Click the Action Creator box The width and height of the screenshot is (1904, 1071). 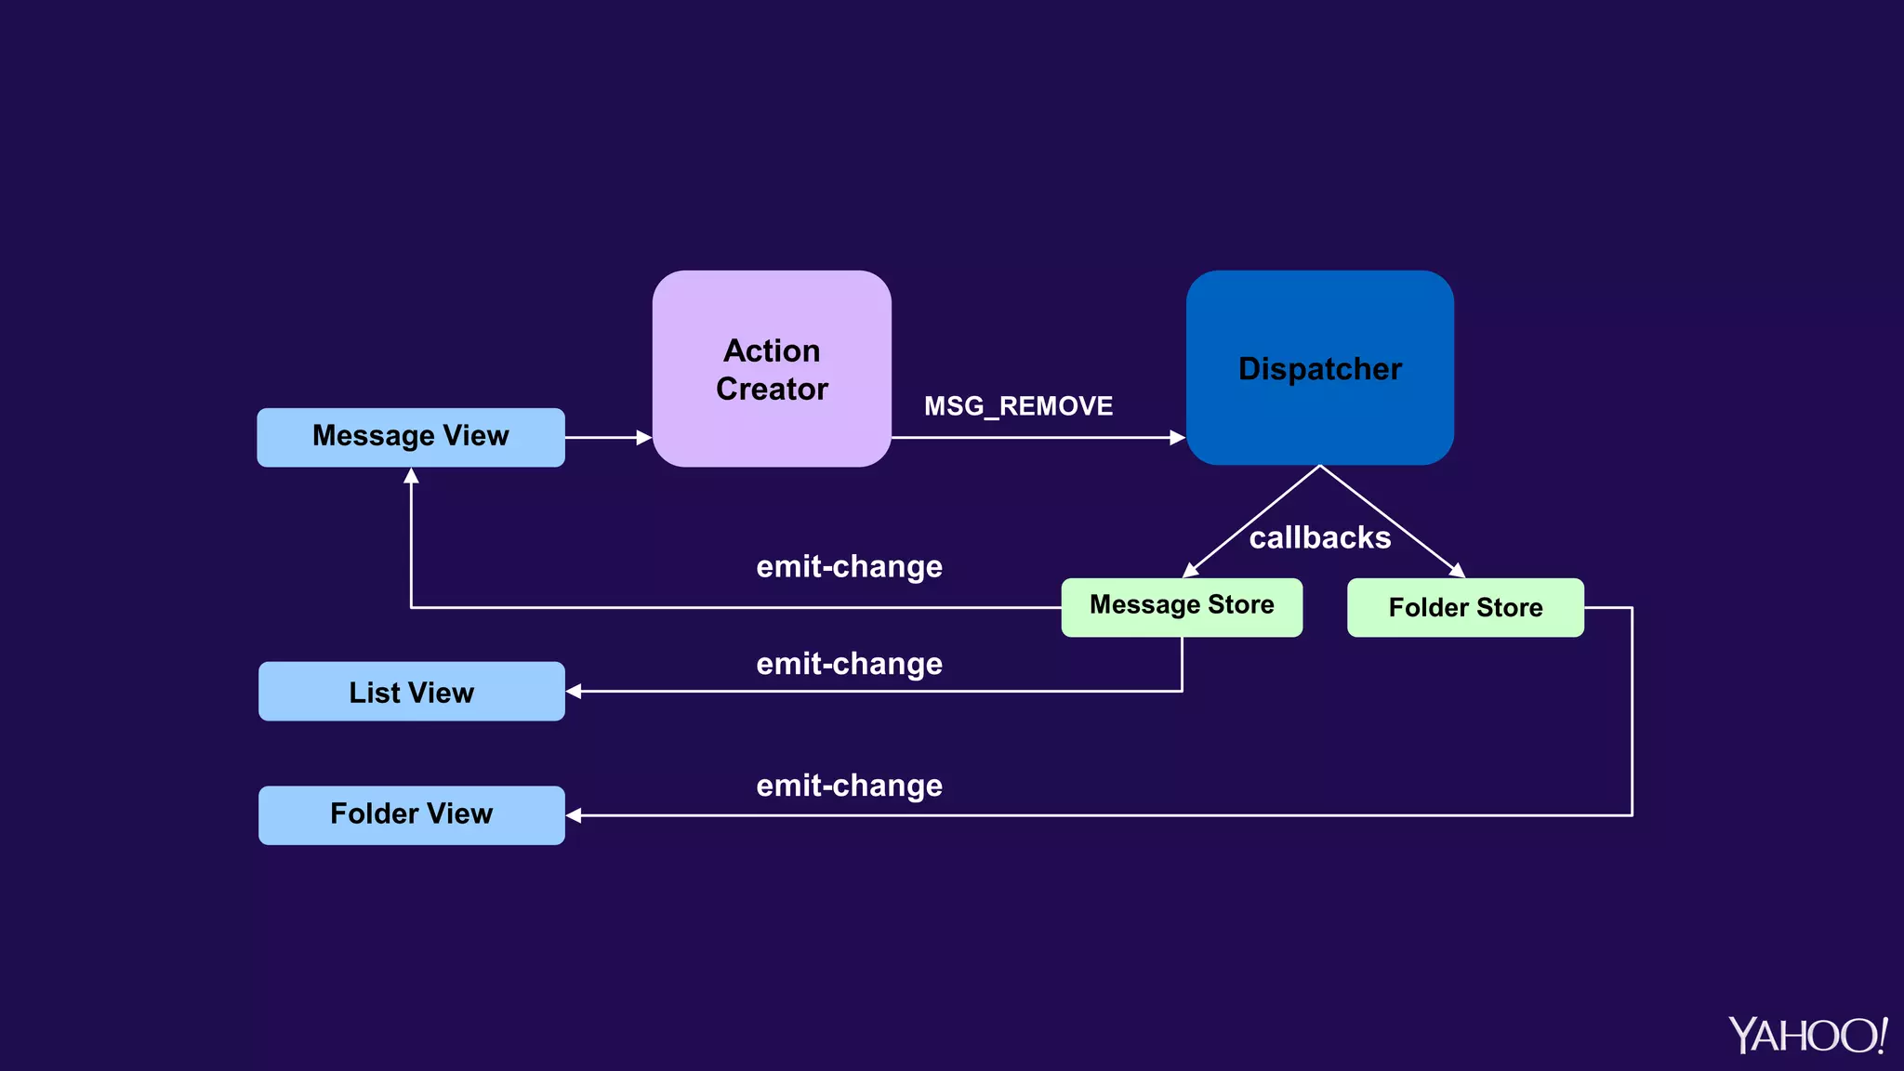pos(772,369)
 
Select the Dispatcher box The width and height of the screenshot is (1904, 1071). pos(1319,368)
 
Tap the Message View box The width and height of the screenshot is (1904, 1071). pos(410,437)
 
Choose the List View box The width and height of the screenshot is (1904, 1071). pos(411,692)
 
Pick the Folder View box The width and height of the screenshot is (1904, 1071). pos(411,814)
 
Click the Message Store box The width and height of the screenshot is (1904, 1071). pos(1181,606)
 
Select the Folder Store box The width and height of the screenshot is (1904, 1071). pos(1464,607)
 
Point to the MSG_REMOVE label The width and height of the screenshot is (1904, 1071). pos(1018,406)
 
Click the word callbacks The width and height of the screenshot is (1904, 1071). pos(1319,537)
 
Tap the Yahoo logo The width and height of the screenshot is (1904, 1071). pos(1806,1035)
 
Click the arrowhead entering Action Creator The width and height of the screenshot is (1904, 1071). pos(643,437)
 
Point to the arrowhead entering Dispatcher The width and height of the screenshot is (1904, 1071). pos(1177,437)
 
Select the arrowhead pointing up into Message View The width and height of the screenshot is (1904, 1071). pos(411,477)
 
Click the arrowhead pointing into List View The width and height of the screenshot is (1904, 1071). pos(575,691)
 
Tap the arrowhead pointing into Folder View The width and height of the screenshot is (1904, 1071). pos(575,815)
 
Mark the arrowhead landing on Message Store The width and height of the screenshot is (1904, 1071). pos(1190,570)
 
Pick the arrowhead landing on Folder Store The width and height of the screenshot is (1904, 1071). pos(1457,570)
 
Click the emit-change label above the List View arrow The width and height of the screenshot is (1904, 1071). pos(849,664)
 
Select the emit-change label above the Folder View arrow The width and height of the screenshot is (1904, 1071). pos(849,786)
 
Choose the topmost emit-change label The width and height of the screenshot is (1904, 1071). pos(849,566)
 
